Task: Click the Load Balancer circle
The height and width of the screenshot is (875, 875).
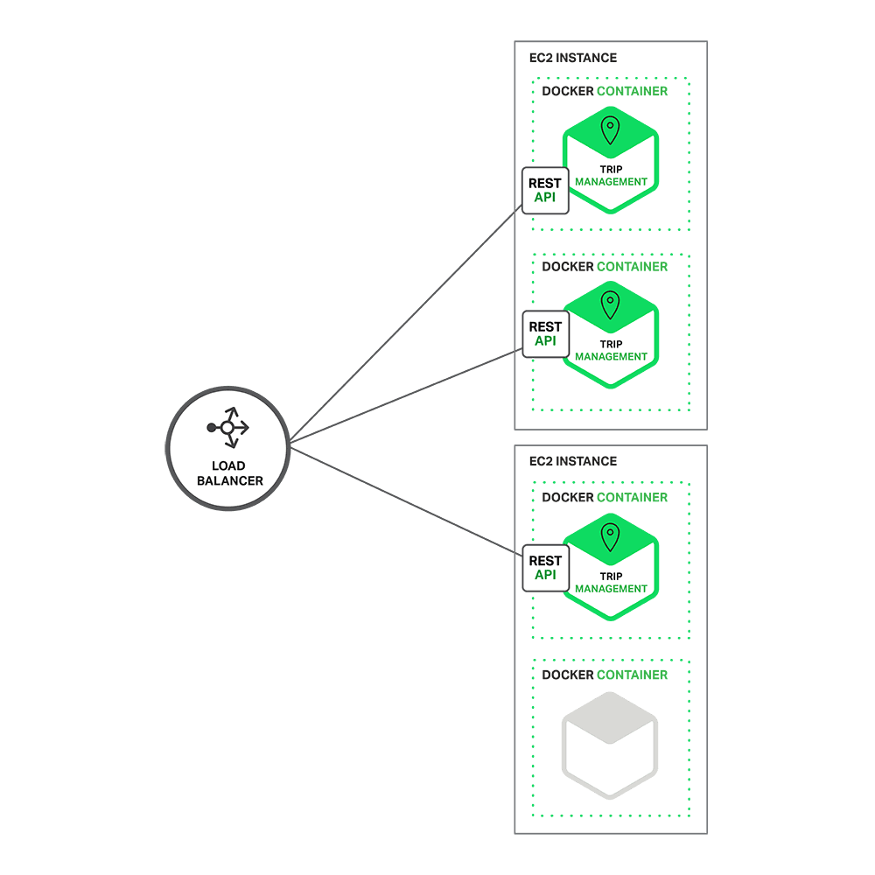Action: tap(227, 450)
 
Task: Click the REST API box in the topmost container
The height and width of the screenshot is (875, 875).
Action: tap(545, 190)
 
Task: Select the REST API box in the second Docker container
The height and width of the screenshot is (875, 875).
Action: tap(545, 333)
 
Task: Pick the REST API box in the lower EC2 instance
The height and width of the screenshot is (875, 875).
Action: tap(545, 568)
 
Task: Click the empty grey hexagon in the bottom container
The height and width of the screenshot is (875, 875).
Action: tap(610, 745)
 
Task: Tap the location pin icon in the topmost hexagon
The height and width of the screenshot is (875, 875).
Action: tap(610, 131)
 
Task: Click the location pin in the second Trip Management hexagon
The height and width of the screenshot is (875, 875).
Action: tap(610, 304)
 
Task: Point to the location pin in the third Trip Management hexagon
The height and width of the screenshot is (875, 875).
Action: tap(610, 537)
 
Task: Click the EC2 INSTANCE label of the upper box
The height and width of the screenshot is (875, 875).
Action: tap(573, 58)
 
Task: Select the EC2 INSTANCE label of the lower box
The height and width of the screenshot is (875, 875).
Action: tap(573, 461)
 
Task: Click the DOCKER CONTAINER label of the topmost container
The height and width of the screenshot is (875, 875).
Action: tap(605, 91)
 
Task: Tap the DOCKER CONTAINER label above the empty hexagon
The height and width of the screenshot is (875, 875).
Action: tap(605, 675)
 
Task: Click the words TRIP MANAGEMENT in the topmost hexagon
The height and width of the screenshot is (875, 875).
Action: tap(611, 176)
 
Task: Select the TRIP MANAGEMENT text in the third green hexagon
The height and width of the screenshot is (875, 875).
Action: tap(611, 583)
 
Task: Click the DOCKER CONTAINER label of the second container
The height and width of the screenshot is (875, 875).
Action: tap(605, 266)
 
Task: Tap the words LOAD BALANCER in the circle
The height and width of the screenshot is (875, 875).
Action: tap(229, 473)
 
